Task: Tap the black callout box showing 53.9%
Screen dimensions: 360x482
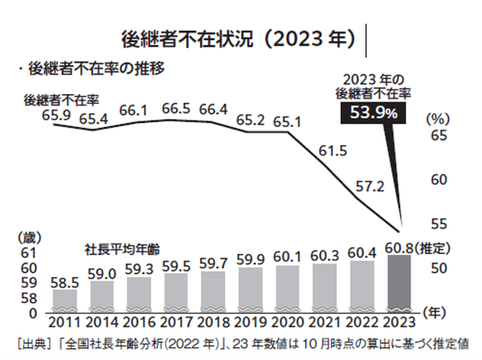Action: (x=372, y=114)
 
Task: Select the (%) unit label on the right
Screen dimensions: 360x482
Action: (x=438, y=117)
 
